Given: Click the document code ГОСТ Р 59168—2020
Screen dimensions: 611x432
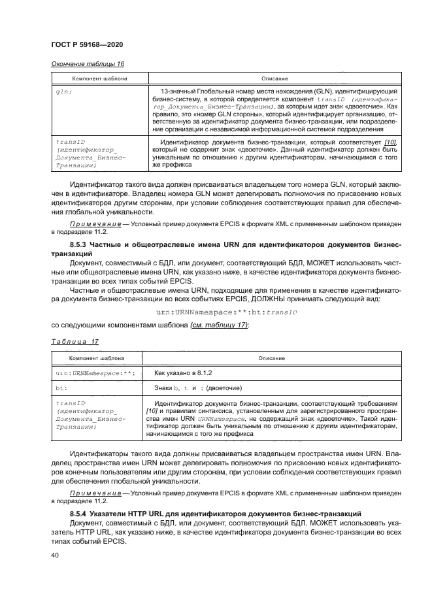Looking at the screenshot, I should pos(87,44).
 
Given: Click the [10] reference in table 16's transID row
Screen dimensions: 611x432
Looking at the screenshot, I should pos(390,142).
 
